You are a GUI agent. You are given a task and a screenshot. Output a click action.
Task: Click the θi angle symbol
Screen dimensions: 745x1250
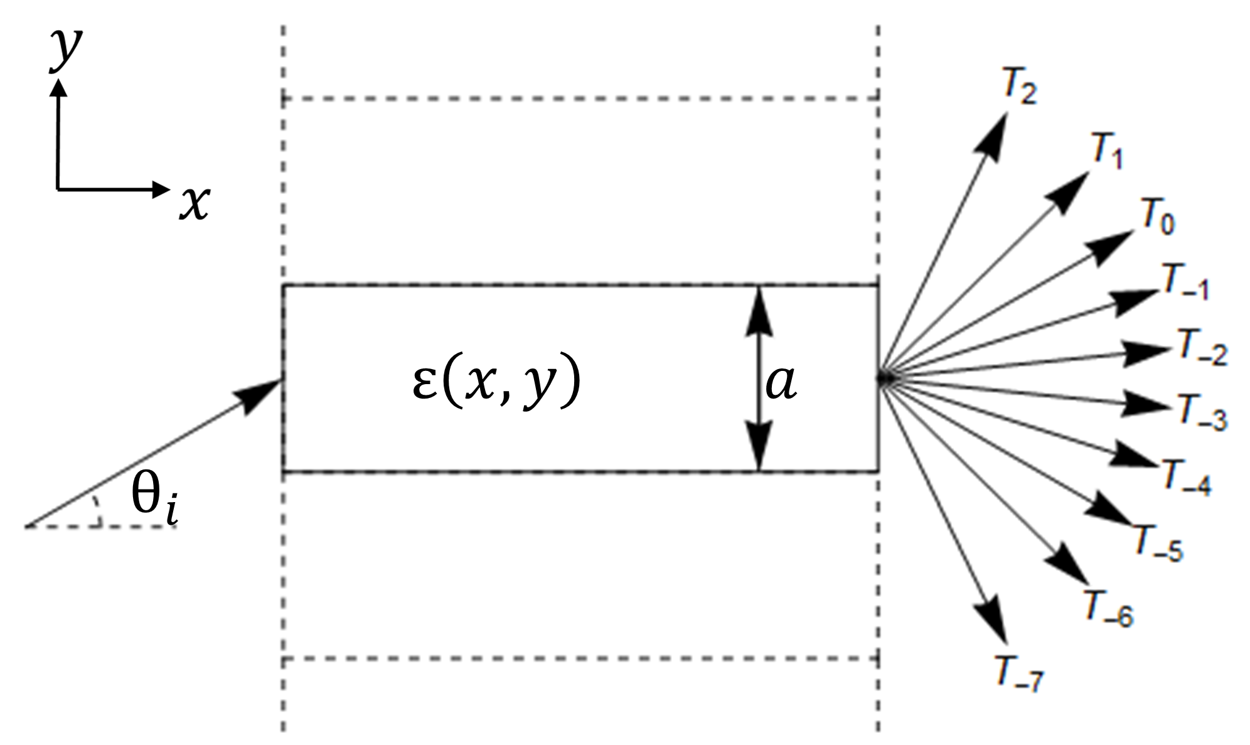(x=154, y=505)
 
